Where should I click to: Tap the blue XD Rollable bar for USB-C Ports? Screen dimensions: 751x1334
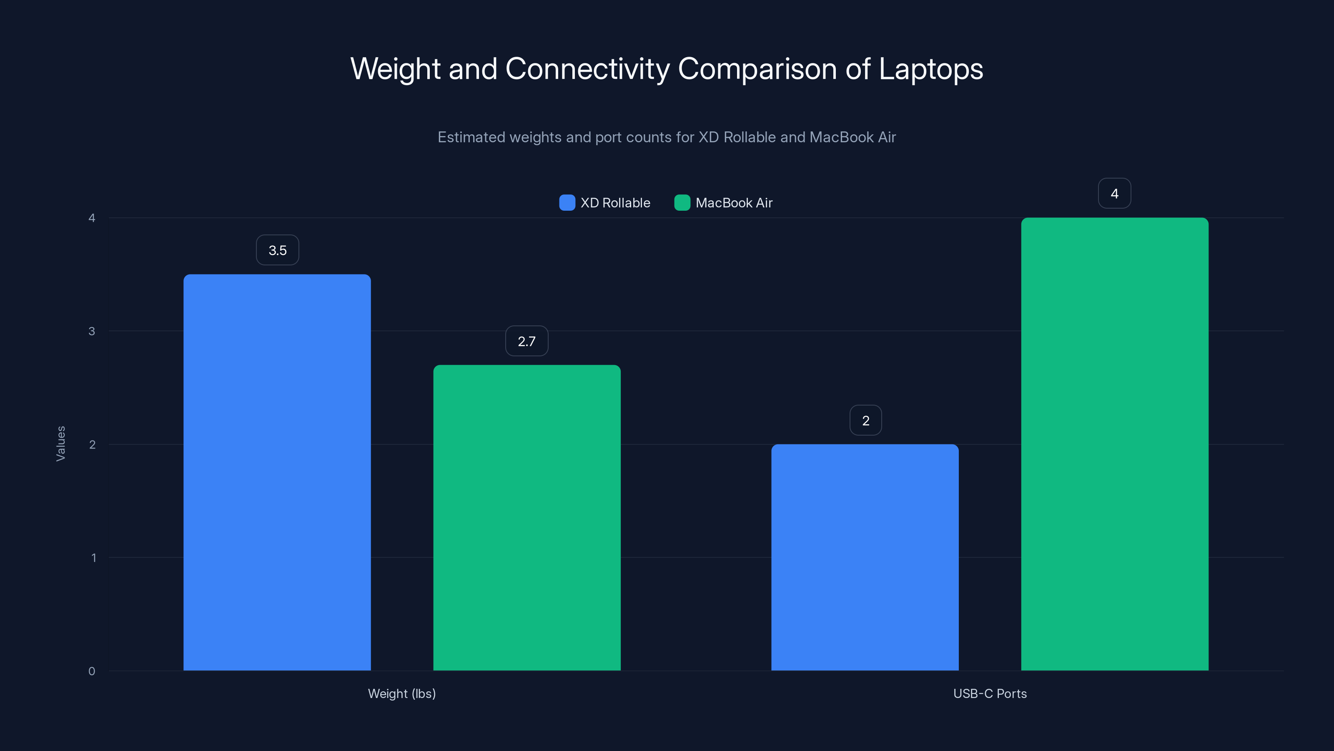865,557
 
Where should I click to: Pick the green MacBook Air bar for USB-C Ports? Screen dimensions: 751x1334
1114,444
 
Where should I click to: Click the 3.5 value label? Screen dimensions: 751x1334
278,250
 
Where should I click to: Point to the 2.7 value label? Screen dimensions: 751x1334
527,341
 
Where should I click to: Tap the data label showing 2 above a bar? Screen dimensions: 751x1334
865,420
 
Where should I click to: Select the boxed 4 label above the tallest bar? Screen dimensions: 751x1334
1114,193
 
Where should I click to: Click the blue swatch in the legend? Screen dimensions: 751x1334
567,203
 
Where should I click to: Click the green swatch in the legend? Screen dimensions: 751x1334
682,203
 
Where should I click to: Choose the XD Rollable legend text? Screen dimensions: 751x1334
615,203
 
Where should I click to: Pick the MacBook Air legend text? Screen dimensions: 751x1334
734,203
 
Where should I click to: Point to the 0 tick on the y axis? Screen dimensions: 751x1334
92,671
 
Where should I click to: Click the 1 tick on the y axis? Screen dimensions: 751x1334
93,558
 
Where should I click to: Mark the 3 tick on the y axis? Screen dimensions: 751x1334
92,331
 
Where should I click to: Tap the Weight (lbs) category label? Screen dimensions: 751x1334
402,693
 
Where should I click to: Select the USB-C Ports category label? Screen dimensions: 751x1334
990,693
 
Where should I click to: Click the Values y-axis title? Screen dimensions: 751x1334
60,444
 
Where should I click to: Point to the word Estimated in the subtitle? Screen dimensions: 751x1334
471,137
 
